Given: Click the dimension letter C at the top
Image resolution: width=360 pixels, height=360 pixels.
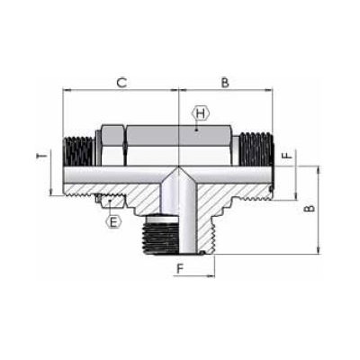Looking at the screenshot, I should (121, 83).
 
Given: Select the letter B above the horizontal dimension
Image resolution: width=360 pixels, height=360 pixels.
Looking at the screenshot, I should (225, 83).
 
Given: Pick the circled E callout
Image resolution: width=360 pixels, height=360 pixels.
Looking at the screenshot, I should (112, 220).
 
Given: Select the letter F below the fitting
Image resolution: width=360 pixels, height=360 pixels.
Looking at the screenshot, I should (180, 268).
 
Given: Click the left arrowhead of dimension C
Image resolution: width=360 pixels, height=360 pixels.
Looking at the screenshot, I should (67, 90).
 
